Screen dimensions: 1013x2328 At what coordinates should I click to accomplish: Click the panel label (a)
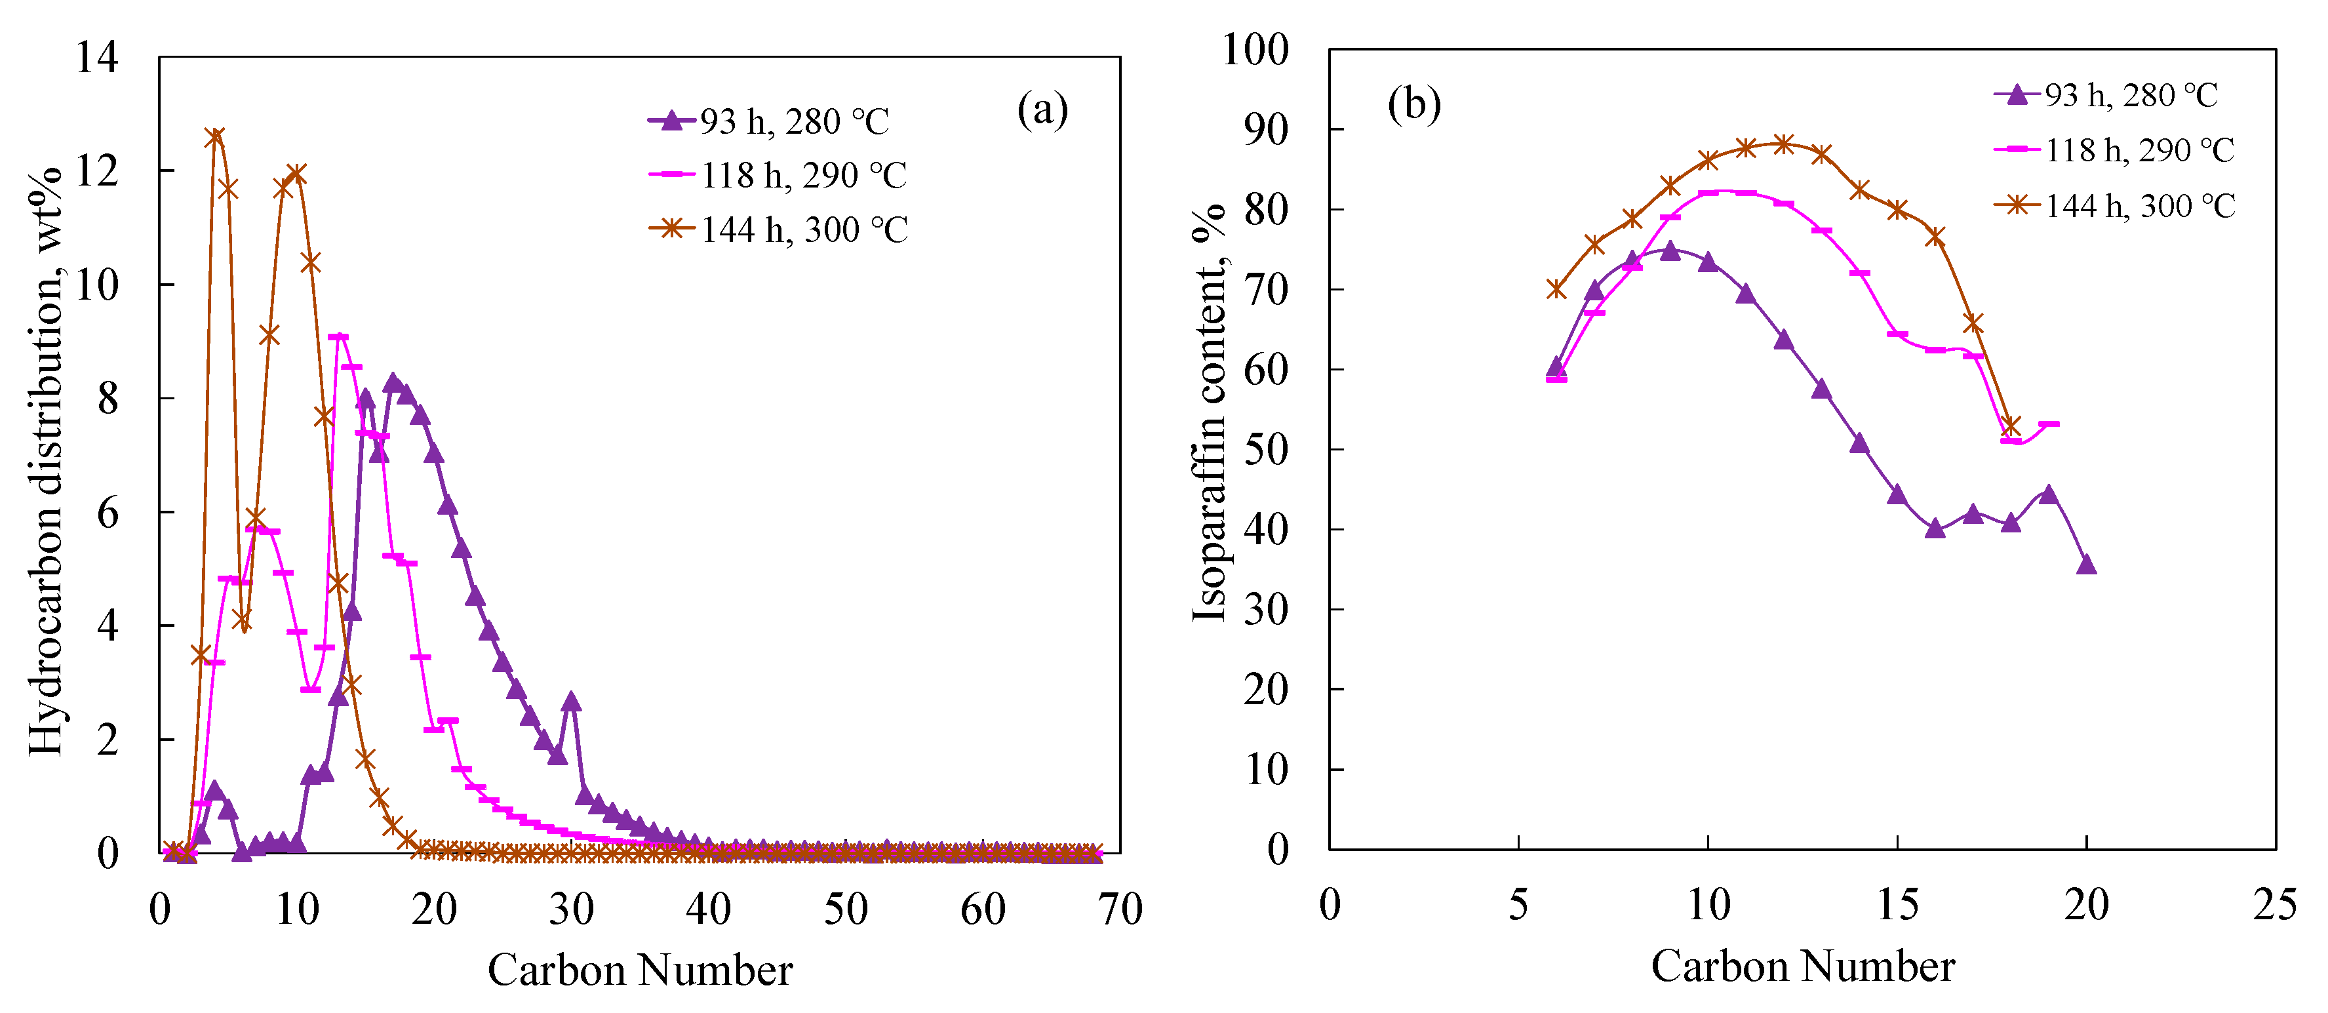[x=1042, y=110]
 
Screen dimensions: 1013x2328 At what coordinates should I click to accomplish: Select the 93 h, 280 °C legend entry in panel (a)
[x=768, y=121]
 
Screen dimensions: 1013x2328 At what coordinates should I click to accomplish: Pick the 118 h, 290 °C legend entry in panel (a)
[x=778, y=175]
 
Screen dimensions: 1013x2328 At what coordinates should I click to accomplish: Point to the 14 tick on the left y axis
[x=96, y=58]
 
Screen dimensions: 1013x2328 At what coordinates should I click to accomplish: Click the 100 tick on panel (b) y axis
[x=1254, y=50]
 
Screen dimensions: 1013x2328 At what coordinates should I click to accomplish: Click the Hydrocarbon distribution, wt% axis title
[x=45, y=461]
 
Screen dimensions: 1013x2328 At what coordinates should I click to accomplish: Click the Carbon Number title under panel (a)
[x=640, y=970]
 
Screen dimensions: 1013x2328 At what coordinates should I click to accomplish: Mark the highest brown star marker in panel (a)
[x=214, y=137]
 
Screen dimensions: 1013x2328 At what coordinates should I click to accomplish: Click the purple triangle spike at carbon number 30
[x=570, y=702]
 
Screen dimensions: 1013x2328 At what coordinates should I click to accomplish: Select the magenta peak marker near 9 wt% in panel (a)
[x=338, y=337]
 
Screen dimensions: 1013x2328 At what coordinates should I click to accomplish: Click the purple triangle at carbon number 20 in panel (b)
[x=2086, y=565]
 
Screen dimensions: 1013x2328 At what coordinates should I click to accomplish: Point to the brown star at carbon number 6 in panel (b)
[x=1555, y=289]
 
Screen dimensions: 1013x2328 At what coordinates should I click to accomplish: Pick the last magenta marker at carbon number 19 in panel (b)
[x=2049, y=424]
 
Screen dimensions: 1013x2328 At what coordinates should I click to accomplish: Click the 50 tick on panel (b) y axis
[x=1265, y=450]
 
